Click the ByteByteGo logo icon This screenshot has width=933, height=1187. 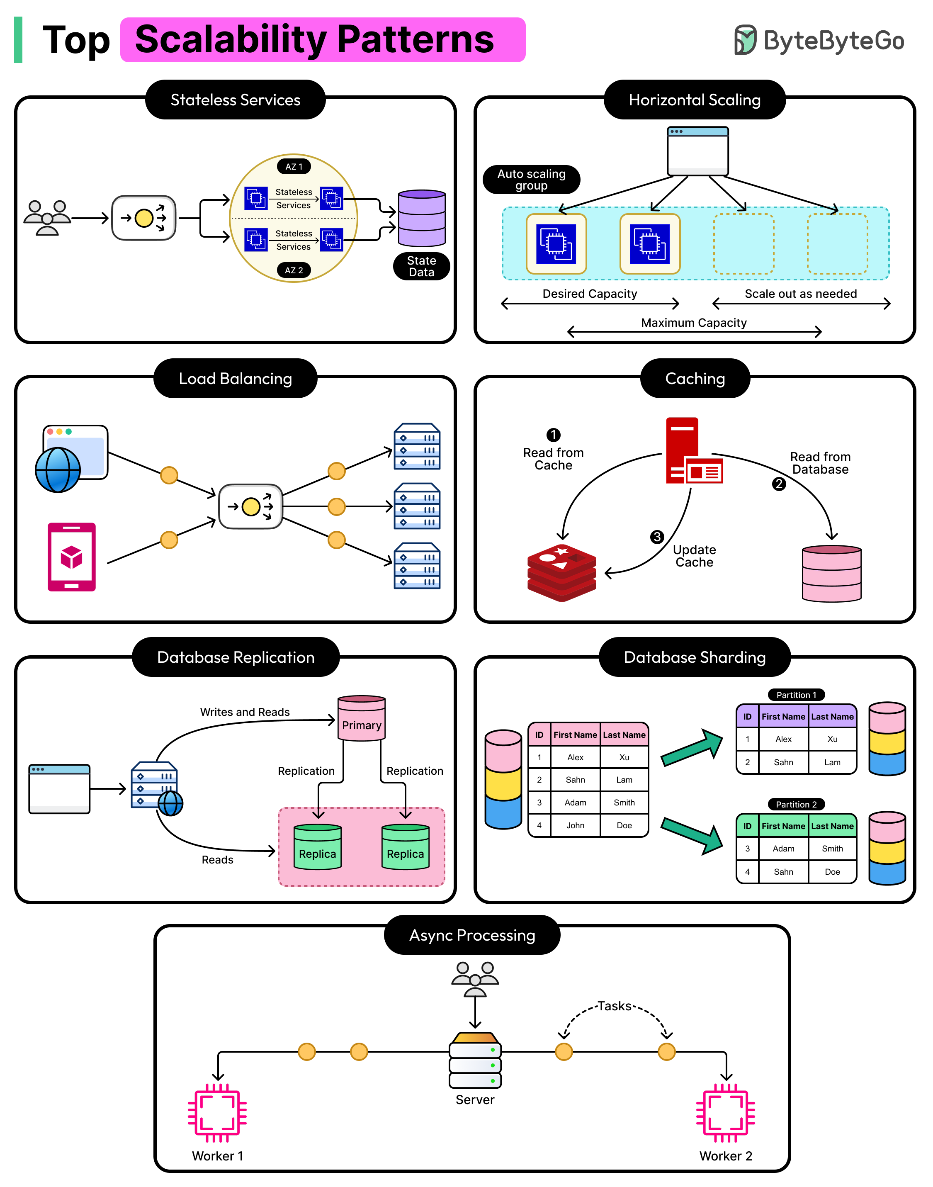point(745,40)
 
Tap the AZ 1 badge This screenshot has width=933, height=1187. point(294,167)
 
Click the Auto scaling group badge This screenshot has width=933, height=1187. point(531,180)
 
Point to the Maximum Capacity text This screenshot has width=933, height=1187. point(693,323)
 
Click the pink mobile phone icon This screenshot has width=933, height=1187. point(72,557)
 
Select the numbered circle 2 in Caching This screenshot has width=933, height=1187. point(778,484)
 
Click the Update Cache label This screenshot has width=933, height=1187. point(694,556)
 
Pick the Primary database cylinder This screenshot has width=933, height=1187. point(362,718)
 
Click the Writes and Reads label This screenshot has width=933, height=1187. point(245,712)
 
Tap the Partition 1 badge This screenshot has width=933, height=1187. point(796,695)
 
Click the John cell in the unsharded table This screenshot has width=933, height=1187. point(575,825)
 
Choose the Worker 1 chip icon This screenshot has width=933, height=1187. point(217,1113)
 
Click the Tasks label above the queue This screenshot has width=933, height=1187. point(614,1006)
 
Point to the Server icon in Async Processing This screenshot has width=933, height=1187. point(475,1060)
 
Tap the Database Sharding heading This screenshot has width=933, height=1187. point(694,657)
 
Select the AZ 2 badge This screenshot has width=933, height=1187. point(294,270)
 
